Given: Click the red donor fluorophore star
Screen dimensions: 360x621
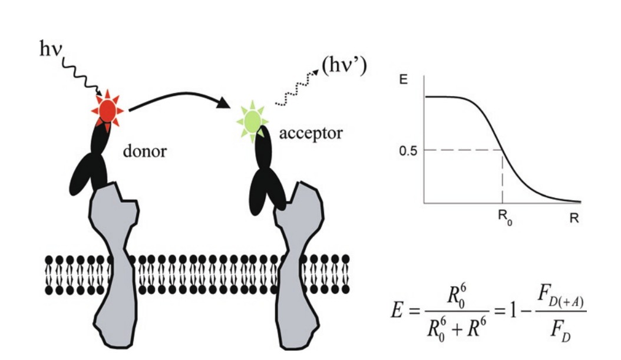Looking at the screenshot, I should (107, 110).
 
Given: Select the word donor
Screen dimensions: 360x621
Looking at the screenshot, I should (144, 151).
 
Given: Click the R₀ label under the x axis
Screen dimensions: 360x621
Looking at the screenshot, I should (503, 219).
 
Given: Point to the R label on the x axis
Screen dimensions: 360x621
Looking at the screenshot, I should (574, 218).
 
